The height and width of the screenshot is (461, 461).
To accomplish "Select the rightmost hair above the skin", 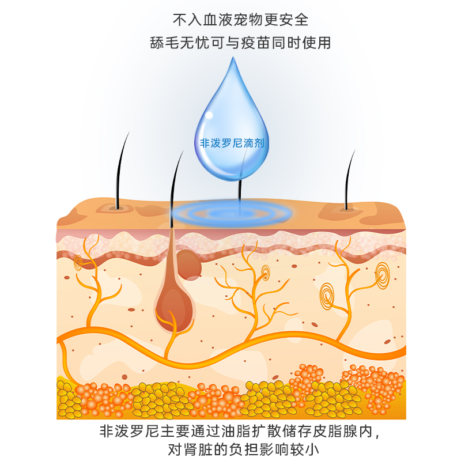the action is point(349,179).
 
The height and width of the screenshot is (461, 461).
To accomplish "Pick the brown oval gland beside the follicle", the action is point(190,264).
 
